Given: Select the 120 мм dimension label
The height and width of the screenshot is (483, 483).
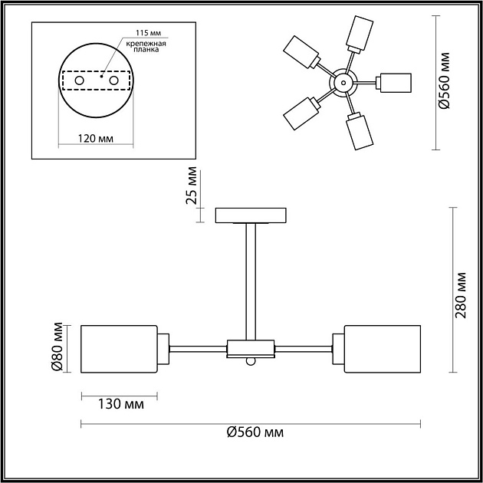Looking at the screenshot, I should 97,138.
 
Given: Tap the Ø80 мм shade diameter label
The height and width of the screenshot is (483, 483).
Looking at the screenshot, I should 56,349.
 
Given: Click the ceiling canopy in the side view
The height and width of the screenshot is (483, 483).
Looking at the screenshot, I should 251,215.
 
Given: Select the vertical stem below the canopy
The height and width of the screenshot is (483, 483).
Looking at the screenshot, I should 251,280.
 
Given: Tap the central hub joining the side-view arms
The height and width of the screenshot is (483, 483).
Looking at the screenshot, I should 251,350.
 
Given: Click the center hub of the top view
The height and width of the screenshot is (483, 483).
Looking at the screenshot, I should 343,80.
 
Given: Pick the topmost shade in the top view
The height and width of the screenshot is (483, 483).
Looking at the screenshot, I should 360,31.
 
